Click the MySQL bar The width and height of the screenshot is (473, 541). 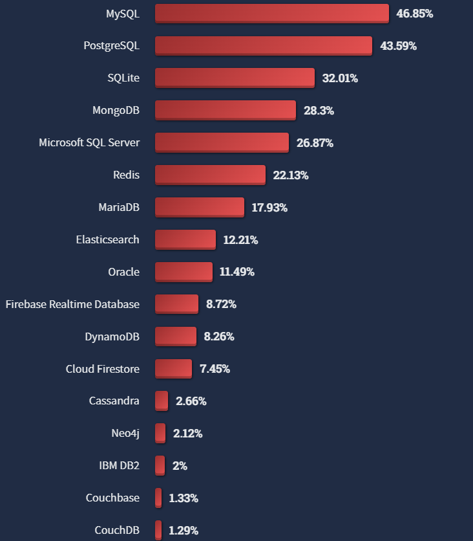pyautogui.click(x=271, y=14)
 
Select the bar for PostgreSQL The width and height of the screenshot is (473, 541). pyautogui.click(x=263, y=46)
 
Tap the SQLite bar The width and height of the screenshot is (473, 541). pyautogui.click(x=235, y=78)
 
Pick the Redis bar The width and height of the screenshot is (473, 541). pyautogui.click(x=210, y=175)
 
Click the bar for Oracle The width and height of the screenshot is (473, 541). pyautogui.click(x=184, y=272)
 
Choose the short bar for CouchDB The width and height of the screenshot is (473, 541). pyautogui.click(x=158, y=531)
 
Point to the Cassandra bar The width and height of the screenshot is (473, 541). pyautogui.click(x=162, y=401)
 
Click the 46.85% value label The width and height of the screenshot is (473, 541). pyautogui.click(x=414, y=14)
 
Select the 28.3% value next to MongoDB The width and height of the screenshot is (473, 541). pyautogui.click(x=319, y=111)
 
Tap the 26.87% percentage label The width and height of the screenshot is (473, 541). pyautogui.click(x=315, y=143)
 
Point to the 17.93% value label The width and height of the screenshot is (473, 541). pyautogui.click(x=269, y=208)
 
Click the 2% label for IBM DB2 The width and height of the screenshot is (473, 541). pyautogui.click(x=180, y=466)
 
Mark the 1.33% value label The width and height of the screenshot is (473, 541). pyautogui.click(x=184, y=498)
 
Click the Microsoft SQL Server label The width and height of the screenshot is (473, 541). pyautogui.click(x=89, y=142)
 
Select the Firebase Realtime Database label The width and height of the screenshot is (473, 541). pyautogui.click(x=72, y=304)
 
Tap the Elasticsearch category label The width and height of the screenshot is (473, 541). pyautogui.click(x=107, y=239)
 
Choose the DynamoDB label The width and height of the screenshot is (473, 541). pyautogui.click(x=112, y=337)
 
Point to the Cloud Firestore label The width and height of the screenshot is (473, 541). pyautogui.click(x=102, y=369)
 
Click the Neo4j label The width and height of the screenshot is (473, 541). pyautogui.click(x=125, y=434)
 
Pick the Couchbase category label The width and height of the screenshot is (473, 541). pyautogui.click(x=112, y=498)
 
